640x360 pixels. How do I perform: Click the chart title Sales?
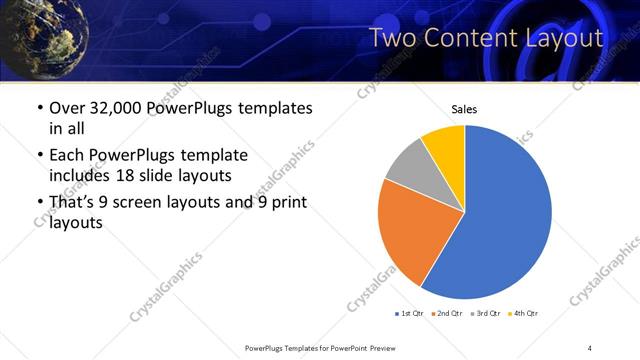point(464,108)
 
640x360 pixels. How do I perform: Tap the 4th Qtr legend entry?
point(524,314)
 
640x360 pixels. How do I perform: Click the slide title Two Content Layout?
point(486,39)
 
